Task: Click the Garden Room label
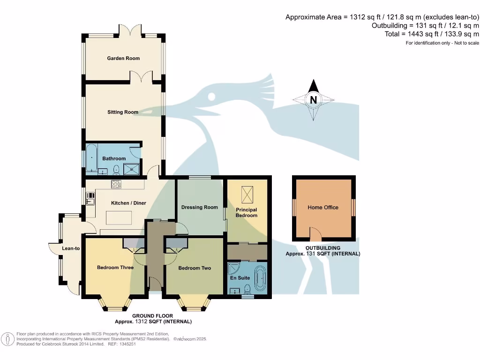pos(123,58)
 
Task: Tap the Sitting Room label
pos(123,112)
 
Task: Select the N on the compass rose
pos(314,99)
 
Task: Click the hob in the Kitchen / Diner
pos(116,184)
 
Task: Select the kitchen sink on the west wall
pos(90,202)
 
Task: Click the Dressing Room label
pos(199,207)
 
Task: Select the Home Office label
pos(322,207)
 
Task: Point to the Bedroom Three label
pos(115,268)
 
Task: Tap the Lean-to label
pos(71,248)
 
